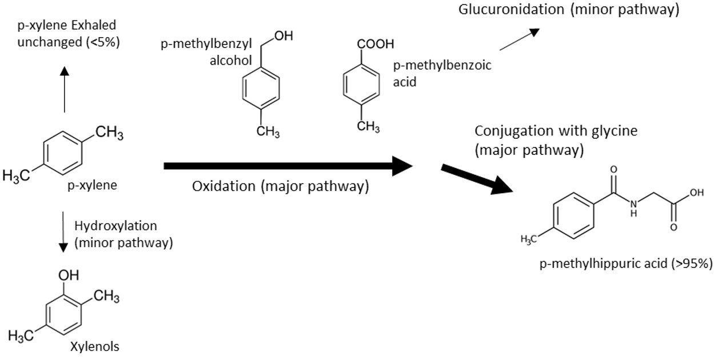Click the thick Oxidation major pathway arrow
pos(286,166)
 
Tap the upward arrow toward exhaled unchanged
pos(64,89)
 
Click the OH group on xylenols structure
pos(69,275)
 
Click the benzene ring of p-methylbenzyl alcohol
pos(260,89)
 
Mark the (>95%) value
pos(692,263)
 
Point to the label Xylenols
pos(94,346)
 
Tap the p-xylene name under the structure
pos(92,185)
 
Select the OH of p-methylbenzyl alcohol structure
pos(284,37)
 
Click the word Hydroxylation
pos(116,226)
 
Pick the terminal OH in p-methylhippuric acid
pos(696,193)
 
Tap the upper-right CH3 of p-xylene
pos(109,134)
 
